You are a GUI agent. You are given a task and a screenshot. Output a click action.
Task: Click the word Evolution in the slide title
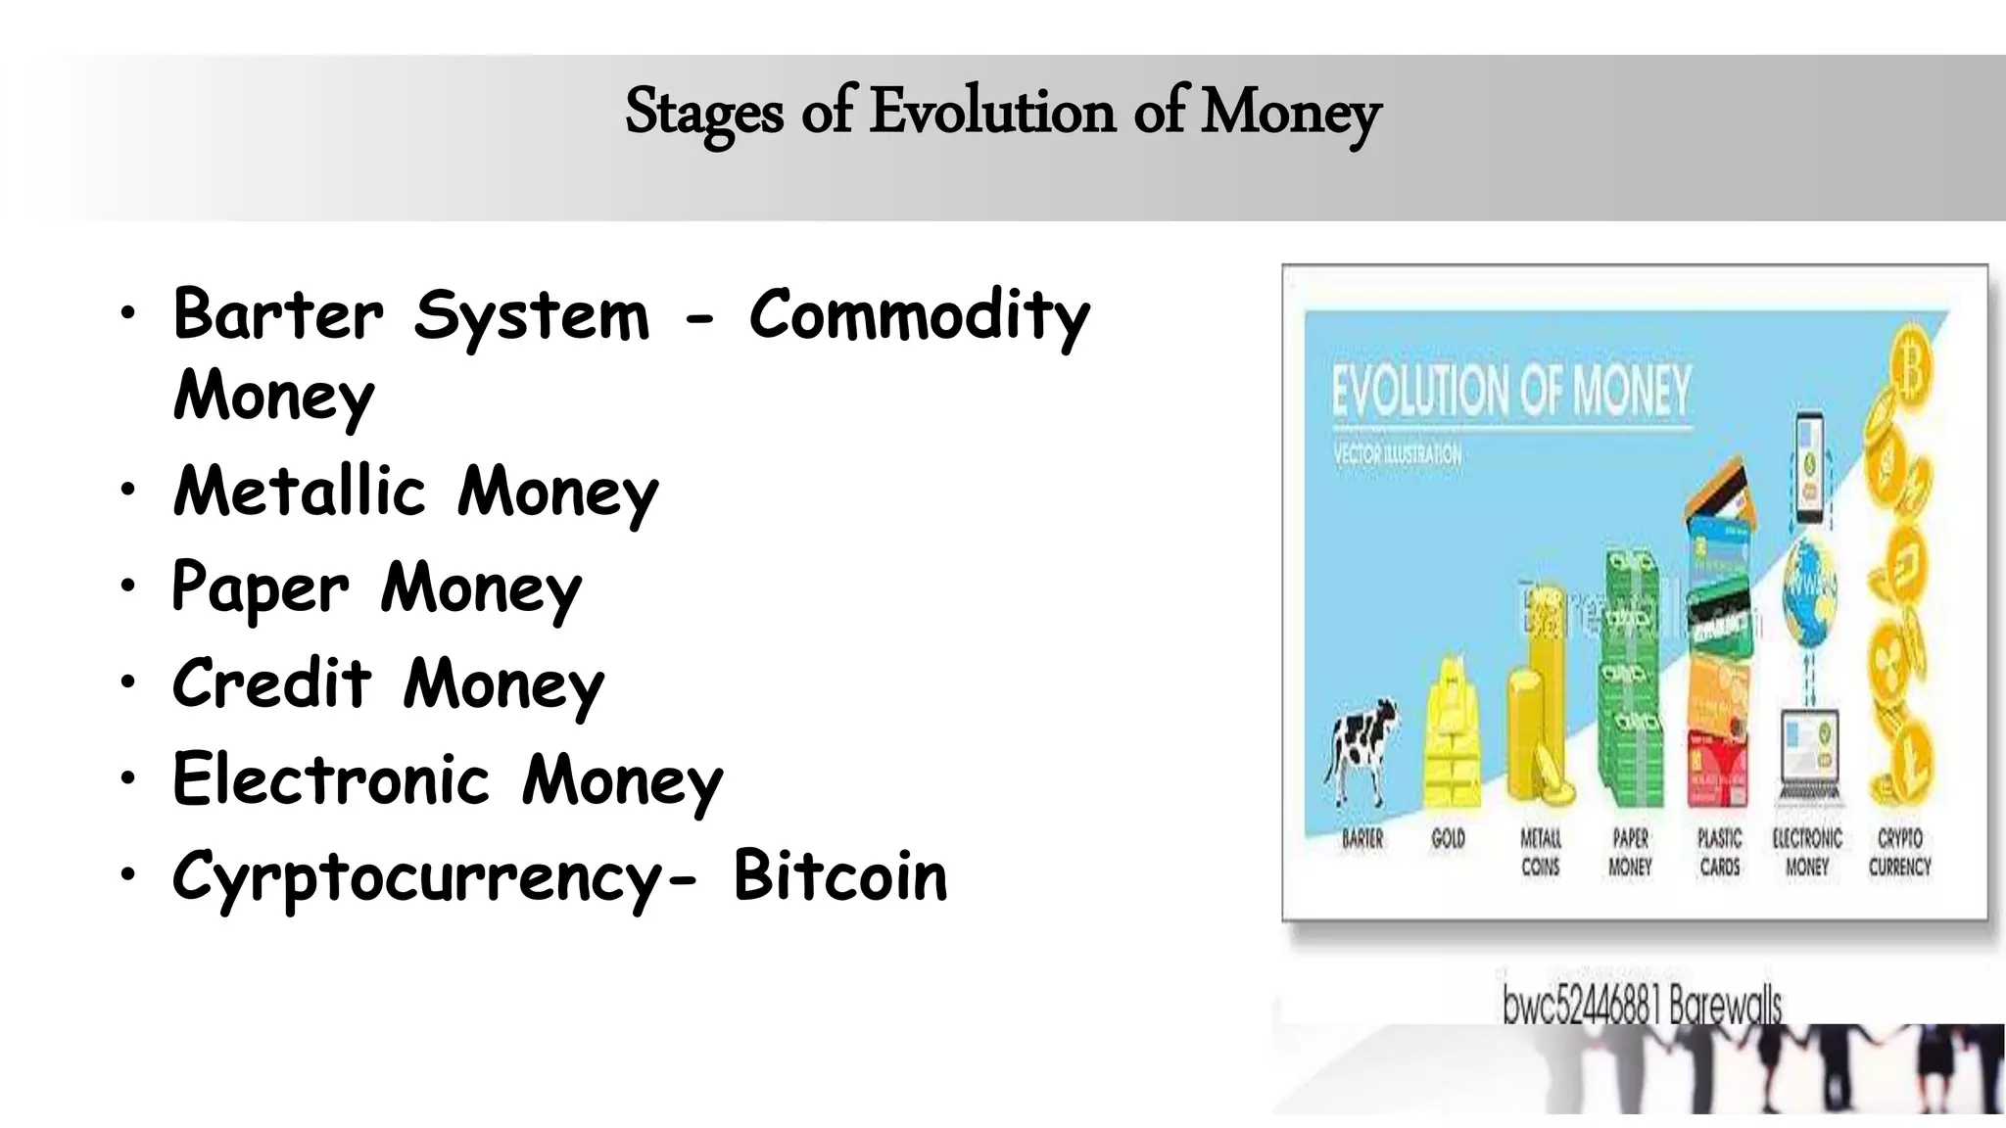click(x=992, y=112)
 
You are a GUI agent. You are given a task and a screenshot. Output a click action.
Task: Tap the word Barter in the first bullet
click(x=278, y=315)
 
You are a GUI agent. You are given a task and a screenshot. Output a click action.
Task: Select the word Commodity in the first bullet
click(x=919, y=315)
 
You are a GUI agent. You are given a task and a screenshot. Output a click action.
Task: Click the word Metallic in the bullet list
click(x=300, y=491)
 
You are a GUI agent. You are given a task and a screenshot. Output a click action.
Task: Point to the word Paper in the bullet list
click(x=260, y=587)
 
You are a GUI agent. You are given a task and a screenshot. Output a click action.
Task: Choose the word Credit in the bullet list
click(x=272, y=683)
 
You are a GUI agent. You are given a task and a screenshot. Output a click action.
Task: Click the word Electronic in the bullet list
click(x=331, y=779)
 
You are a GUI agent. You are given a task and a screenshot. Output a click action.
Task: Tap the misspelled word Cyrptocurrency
click(x=419, y=876)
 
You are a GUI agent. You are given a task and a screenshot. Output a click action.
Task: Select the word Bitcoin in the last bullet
click(x=839, y=875)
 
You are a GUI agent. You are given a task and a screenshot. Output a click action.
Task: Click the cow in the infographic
click(x=1361, y=749)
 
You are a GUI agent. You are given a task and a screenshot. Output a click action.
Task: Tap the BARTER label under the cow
click(x=1362, y=839)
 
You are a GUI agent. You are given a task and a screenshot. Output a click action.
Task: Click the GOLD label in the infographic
click(x=1448, y=839)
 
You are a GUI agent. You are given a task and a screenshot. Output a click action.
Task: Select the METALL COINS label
click(x=1540, y=852)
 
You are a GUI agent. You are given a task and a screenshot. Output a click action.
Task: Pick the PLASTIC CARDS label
click(x=1720, y=852)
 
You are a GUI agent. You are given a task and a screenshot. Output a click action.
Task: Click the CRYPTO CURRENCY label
click(x=1899, y=852)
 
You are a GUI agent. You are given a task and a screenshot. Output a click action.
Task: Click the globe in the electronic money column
click(x=1808, y=587)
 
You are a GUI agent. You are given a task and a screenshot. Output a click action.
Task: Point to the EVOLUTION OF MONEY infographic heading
click(x=1511, y=391)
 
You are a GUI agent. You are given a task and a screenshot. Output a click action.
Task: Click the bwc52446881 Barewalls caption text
click(x=1642, y=1005)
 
